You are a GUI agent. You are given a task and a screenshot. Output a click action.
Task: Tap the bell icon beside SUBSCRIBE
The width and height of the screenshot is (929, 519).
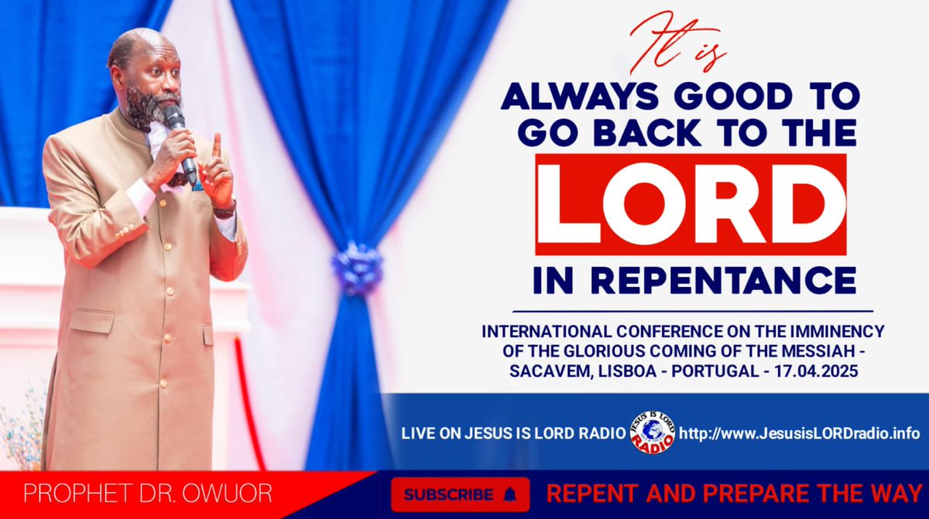coord(509,494)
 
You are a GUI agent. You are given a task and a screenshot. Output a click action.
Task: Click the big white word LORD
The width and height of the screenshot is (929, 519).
coord(690,204)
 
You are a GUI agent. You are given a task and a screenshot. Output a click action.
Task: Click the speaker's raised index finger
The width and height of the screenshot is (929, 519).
coord(217,147)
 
